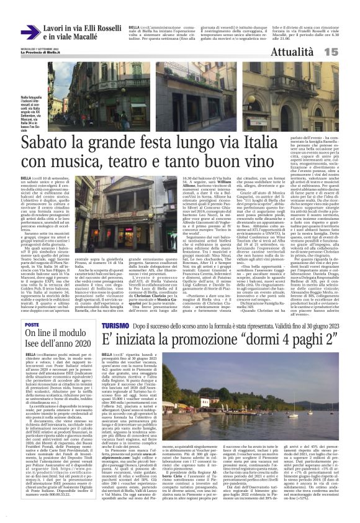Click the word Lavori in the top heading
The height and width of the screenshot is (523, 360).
point(54,27)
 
